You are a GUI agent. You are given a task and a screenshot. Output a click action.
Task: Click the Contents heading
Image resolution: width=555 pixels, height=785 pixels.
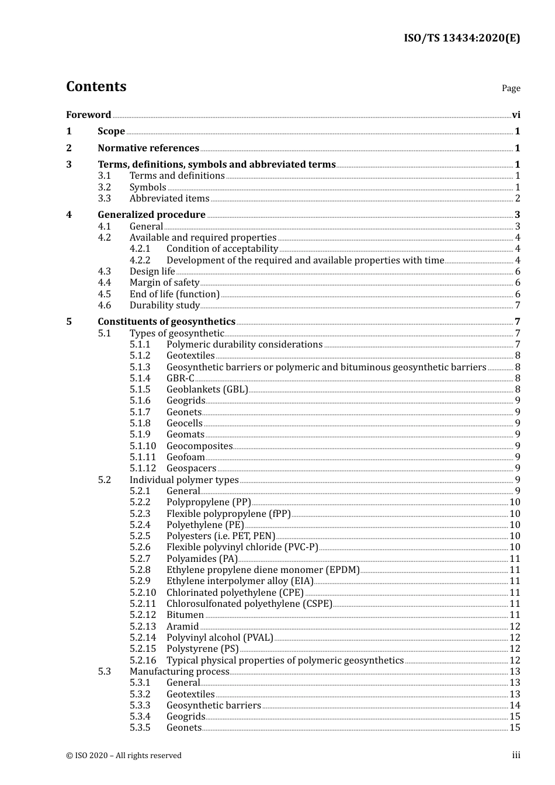coord(96,86)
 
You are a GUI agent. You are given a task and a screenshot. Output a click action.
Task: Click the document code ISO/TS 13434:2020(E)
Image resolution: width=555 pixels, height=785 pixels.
coord(462,38)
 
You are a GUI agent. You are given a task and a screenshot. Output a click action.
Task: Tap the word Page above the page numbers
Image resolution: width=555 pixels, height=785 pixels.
coord(511,88)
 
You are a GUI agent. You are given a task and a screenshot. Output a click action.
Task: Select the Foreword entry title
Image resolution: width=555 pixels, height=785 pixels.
coord(88,114)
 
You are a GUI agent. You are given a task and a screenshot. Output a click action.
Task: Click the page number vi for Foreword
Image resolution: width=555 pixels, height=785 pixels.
coord(516,115)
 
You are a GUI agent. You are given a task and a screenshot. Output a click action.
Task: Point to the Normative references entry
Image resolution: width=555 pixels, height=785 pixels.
coord(148,148)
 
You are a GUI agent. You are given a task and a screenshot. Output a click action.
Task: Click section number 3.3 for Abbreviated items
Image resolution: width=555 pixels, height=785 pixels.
coord(104,199)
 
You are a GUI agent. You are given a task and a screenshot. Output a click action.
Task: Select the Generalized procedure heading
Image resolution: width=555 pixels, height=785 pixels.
coord(151,215)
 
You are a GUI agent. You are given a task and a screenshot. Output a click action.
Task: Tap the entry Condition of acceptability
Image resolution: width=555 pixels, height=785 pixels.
coord(222,249)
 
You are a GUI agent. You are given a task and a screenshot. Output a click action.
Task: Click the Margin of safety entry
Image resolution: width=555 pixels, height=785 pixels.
coord(164,283)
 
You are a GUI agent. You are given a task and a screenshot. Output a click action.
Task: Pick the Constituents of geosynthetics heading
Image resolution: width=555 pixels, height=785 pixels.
coord(166,322)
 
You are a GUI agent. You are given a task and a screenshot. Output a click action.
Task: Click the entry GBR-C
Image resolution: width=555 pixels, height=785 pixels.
coord(180,378)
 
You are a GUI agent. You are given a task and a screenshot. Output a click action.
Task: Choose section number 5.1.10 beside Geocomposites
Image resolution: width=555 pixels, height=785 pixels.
coord(143,446)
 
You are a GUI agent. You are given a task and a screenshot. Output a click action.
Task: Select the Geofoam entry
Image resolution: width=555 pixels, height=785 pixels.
coord(185,457)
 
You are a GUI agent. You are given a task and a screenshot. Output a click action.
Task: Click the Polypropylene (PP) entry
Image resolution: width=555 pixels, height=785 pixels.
coord(209,502)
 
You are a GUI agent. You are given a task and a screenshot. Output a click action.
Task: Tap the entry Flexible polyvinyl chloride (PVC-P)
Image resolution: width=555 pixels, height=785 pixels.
coord(242,547)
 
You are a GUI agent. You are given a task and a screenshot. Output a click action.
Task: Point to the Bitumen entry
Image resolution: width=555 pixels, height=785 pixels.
coord(185,615)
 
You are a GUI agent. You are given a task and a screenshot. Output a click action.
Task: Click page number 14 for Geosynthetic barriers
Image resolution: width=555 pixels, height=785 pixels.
coord(515,706)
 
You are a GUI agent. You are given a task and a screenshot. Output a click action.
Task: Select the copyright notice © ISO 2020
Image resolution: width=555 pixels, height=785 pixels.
coord(123,755)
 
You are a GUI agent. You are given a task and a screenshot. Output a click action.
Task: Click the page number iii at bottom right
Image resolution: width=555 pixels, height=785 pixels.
coord(516,755)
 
